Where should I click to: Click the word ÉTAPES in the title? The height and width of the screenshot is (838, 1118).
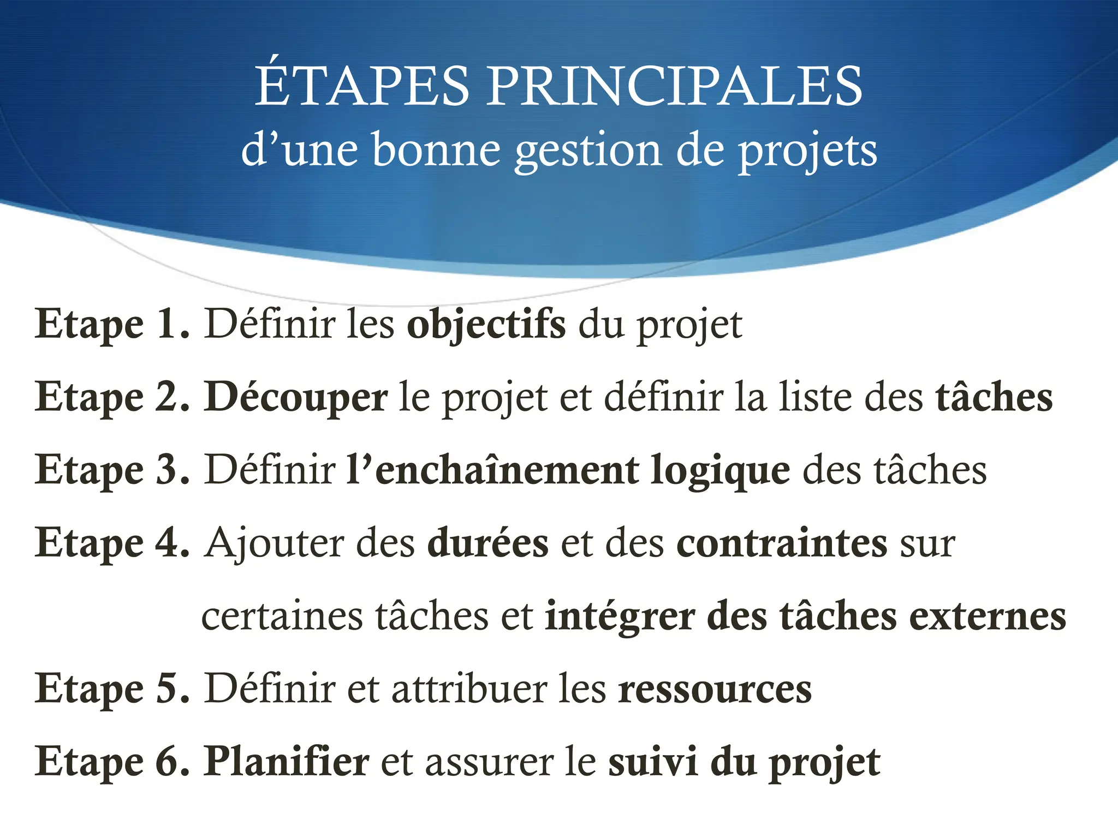coord(362,85)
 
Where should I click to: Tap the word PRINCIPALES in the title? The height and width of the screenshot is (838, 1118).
coord(674,86)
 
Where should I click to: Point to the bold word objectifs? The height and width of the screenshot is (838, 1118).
coord(486,326)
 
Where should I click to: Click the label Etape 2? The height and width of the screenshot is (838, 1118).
coord(112,397)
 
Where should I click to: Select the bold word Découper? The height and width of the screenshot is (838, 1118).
coord(296,398)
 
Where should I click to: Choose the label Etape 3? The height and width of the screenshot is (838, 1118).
coord(112,470)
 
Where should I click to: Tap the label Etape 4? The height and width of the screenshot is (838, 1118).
coord(112,543)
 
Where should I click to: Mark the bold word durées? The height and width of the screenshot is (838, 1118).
coord(487,543)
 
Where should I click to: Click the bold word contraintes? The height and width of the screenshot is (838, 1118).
coord(782,543)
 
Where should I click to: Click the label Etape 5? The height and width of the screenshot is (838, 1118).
coord(112,689)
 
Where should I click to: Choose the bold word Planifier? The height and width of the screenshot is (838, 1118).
coord(287,762)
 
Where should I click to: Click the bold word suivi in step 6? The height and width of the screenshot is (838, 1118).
coord(653,762)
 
